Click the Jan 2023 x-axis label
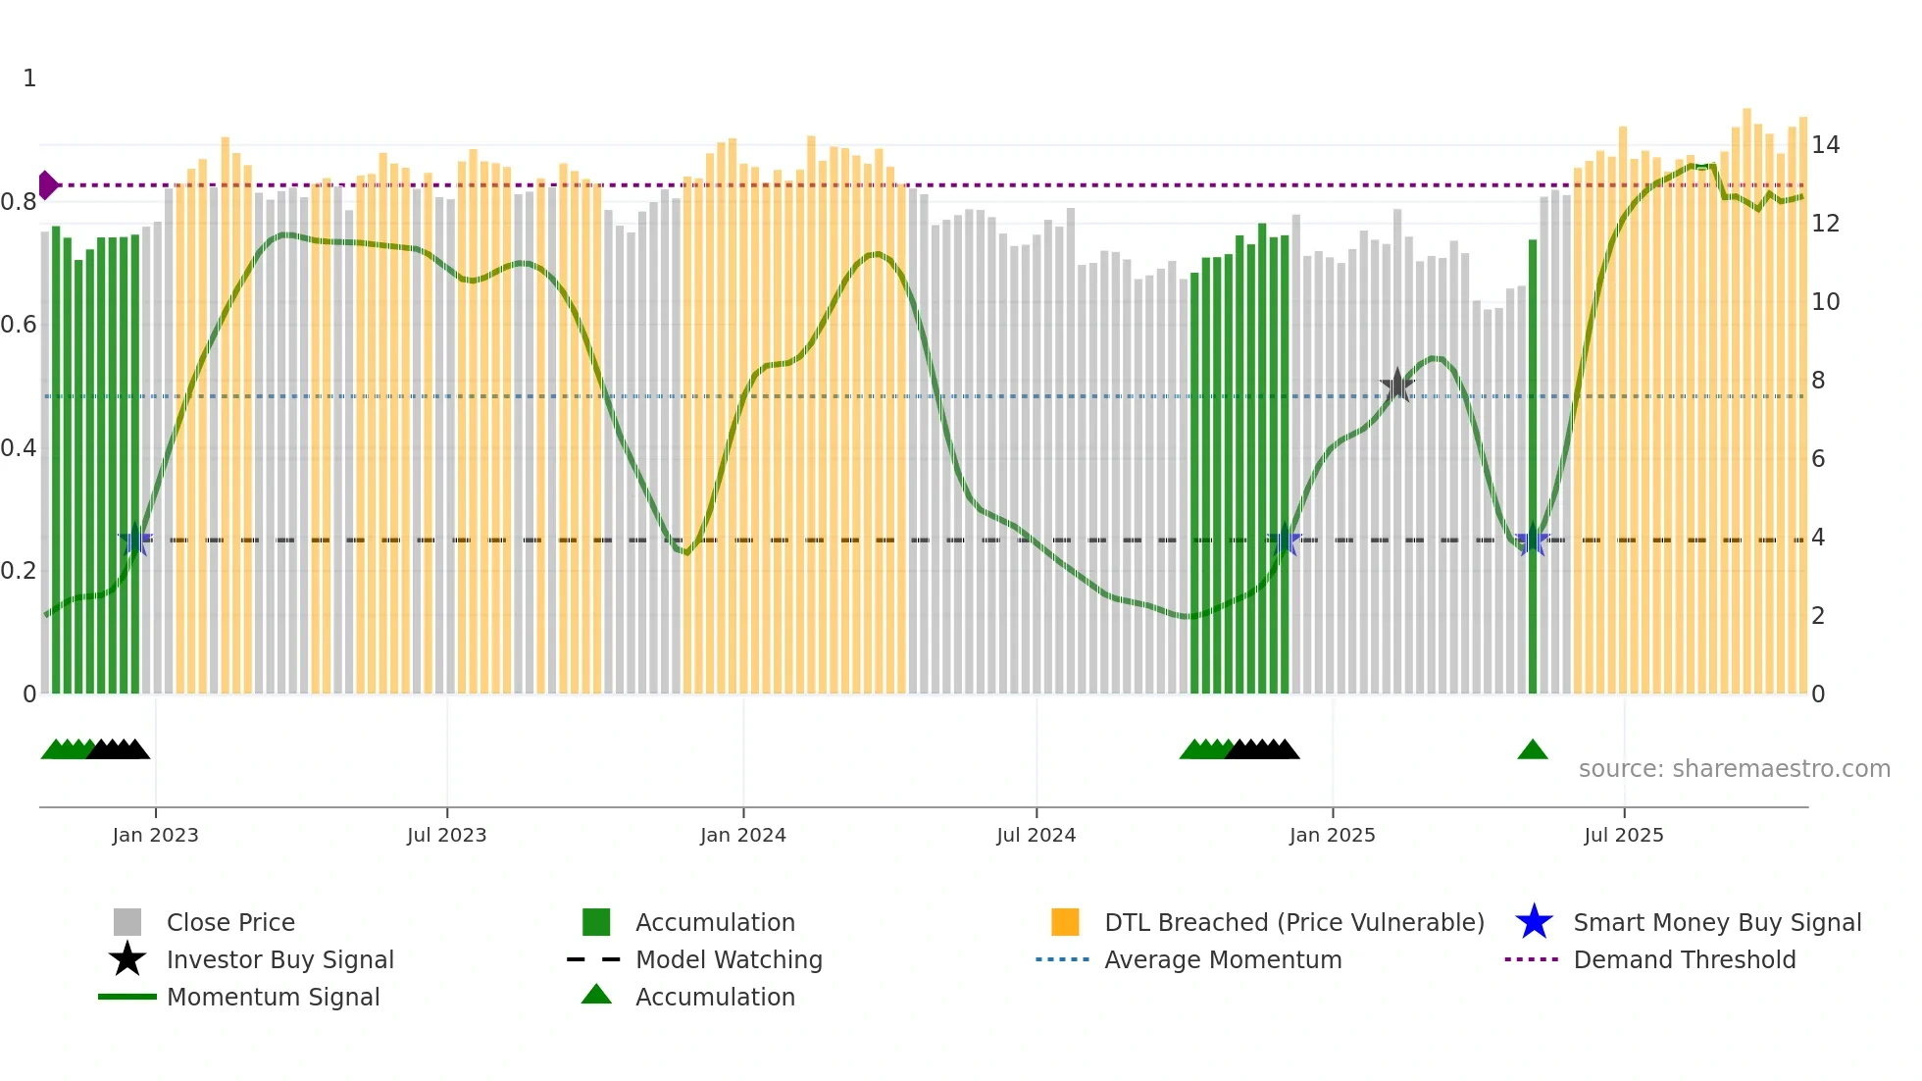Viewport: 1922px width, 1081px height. (x=155, y=835)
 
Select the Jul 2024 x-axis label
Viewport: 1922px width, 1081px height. (x=1036, y=835)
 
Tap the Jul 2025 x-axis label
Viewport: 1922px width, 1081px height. (x=1624, y=835)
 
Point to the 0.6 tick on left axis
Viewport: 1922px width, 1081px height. (x=19, y=325)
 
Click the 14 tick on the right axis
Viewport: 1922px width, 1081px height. (x=1825, y=145)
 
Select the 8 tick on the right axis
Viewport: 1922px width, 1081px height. (x=1818, y=381)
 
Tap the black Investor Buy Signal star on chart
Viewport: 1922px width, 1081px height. (x=1396, y=385)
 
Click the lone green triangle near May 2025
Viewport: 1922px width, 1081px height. (x=1532, y=750)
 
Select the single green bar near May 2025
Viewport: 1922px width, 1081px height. (x=1533, y=471)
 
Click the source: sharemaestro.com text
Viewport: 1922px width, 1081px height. (x=1734, y=769)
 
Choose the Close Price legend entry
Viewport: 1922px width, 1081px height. (x=230, y=922)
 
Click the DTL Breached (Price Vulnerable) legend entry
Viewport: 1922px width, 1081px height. (x=1293, y=922)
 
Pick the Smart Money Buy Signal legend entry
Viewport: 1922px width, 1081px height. (x=1716, y=922)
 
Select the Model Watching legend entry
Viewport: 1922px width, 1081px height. (x=729, y=959)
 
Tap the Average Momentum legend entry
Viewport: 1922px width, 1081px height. (x=1222, y=959)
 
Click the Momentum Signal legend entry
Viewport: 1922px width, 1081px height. (x=273, y=997)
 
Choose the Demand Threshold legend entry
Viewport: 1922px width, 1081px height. (x=1684, y=959)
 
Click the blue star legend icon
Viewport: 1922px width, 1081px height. (x=1534, y=922)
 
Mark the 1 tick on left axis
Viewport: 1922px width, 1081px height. (x=29, y=78)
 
